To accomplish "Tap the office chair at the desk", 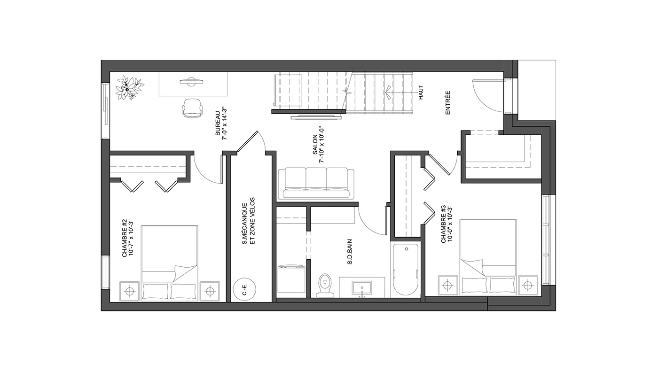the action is pos(192,108).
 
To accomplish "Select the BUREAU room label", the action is pos(218,124).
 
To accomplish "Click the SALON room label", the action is pos(315,145).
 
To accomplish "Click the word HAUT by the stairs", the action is pos(421,93).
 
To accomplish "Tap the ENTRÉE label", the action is pos(447,103).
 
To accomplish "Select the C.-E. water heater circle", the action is pos(244,289).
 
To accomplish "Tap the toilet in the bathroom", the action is pos(325,285).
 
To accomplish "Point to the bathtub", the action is pos(406,269).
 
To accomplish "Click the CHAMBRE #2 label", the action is pos(127,238).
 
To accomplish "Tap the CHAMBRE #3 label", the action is pos(446,224).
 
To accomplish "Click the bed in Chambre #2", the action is pos(170,263).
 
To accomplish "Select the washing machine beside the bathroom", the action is pos(291,279).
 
